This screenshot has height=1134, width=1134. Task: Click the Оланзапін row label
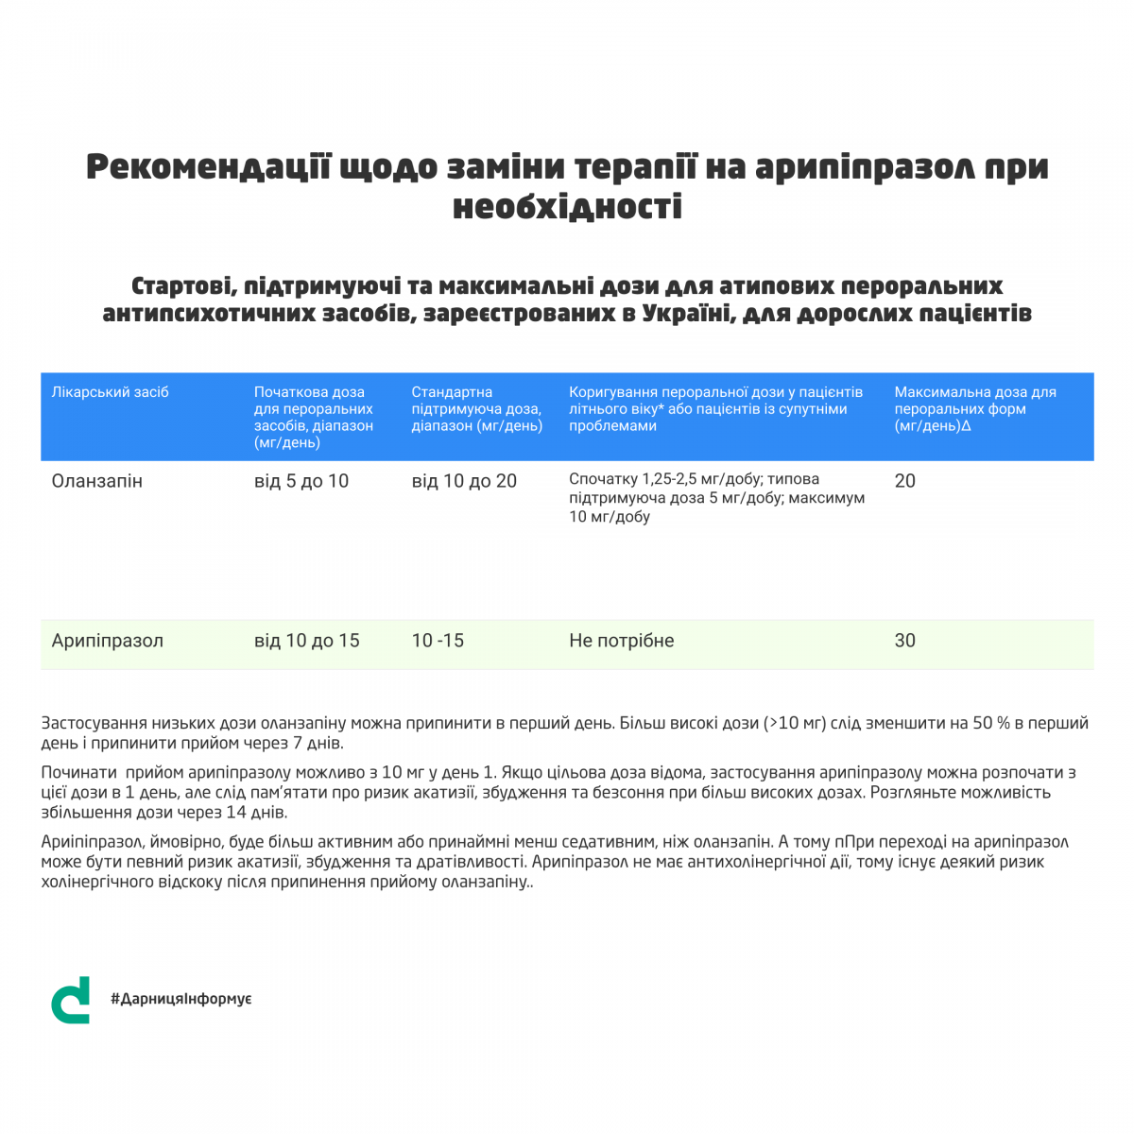click(97, 481)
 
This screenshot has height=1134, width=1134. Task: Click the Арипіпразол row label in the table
click(108, 641)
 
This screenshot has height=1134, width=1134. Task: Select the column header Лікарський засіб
click(110, 392)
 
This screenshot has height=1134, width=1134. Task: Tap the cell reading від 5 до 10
click(301, 481)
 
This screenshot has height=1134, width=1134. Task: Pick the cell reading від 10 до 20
click(464, 481)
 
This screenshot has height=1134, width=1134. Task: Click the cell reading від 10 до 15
click(307, 641)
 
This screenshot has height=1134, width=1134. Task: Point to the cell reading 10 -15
click(438, 641)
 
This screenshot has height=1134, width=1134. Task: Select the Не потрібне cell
click(621, 641)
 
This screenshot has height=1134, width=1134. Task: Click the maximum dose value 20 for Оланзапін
click(904, 481)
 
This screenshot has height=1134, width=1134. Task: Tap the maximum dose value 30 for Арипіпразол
click(904, 641)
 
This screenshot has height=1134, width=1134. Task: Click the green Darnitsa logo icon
click(71, 1000)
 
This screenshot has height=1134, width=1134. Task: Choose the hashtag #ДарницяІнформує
click(180, 999)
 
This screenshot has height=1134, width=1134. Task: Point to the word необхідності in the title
click(567, 207)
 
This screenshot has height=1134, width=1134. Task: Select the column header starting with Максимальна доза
click(975, 408)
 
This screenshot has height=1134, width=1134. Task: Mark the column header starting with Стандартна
click(476, 408)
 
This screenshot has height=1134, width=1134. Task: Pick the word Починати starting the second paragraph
click(78, 772)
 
